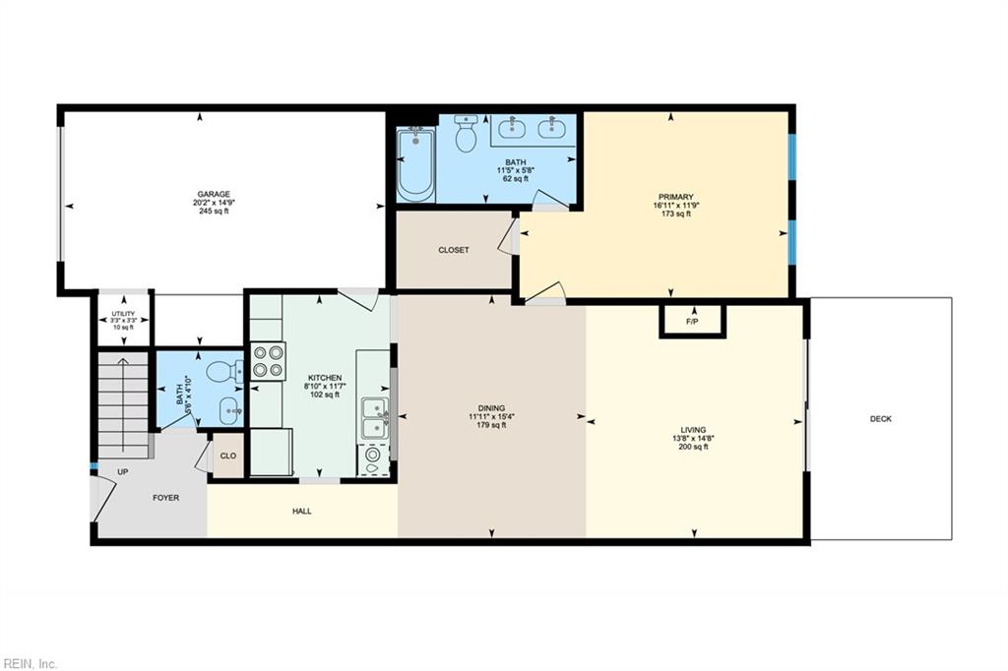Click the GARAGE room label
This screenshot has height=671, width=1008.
coord(214,194)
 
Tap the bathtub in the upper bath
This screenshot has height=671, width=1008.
coord(415,165)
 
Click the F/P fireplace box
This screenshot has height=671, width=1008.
coord(691,322)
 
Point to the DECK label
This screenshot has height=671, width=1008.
coord(880,419)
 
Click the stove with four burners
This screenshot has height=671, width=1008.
coord(268,360)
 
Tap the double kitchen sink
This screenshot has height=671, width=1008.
coord(374,419)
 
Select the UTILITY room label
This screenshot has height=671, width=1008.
coord(123,314)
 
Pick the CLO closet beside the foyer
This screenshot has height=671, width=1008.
coord(227,456)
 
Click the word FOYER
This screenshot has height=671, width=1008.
coord(165,498)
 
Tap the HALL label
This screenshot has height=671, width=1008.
coord(302,511)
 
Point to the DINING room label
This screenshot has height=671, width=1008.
coord(491,408)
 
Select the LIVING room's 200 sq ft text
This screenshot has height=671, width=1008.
coord(692,447)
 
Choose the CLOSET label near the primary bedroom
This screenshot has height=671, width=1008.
coord(453,250)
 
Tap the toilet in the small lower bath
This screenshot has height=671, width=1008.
coord(224,371)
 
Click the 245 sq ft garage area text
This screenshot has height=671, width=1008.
coord(214,211)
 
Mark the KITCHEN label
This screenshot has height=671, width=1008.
coord(325,378)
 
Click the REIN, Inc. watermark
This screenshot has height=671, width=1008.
coord(30,663)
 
